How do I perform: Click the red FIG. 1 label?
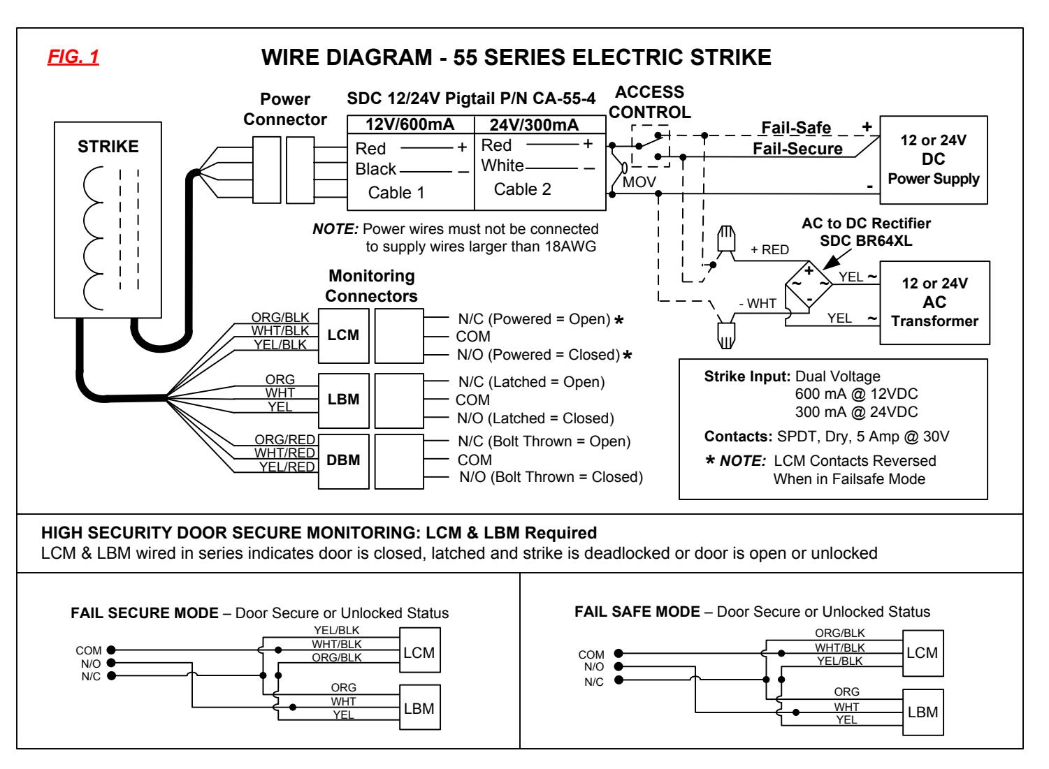[x=73, y=57]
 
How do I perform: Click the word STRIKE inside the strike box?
[x=108, y=147]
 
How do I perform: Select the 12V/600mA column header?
[x=410, y=124]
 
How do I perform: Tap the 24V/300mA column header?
[x=535, y=125]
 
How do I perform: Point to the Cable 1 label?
[x=396, y=192]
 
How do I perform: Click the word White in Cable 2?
[x=502, y=166]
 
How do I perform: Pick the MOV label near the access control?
[x=639, y=182]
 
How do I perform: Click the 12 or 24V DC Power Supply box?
[x=934, y=160]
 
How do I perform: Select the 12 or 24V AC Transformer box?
[x=934, y=303]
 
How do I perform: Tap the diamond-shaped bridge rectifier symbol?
[x=809, y=284]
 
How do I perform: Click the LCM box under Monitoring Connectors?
[x=343, y=335]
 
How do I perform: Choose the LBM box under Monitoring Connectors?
[x=343, y=400]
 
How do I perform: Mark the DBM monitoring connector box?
[x=343, y=462]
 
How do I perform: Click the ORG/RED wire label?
[x=284, y=439]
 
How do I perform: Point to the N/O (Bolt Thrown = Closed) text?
[x=551, y=477]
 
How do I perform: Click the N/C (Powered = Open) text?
[x=535, y=319]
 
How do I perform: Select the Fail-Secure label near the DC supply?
[x=797, y=149]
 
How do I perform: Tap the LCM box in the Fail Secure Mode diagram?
[x=419, y=650]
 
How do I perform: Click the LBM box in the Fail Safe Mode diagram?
[x=923, y=712]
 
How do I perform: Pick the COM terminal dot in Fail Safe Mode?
[x=618, y=653]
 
